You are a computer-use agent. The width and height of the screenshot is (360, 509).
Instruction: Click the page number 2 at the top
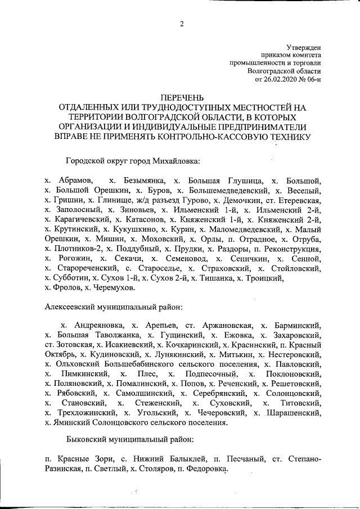click(x=182, y=23)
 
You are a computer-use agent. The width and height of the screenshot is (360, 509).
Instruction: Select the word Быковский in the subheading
click(x=86, y=438)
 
